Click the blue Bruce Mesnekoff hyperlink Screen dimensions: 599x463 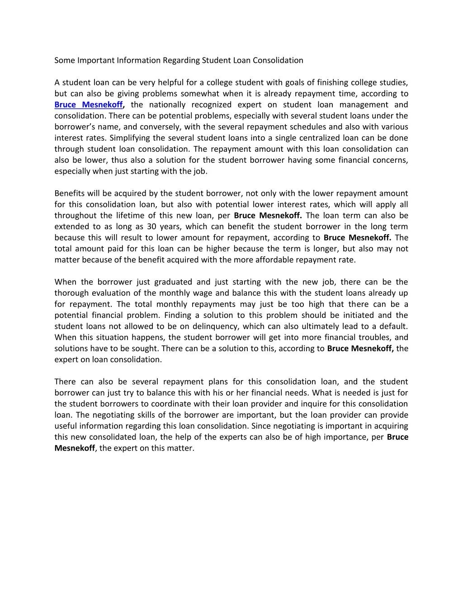tap(89, 105)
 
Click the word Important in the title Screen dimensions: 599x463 tap(96, 60)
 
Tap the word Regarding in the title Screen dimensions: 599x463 tap(181, 60)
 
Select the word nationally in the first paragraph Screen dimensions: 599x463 tap(167, 105)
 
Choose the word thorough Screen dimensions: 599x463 tap(69, 293)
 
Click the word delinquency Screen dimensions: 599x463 tap(216, 326)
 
